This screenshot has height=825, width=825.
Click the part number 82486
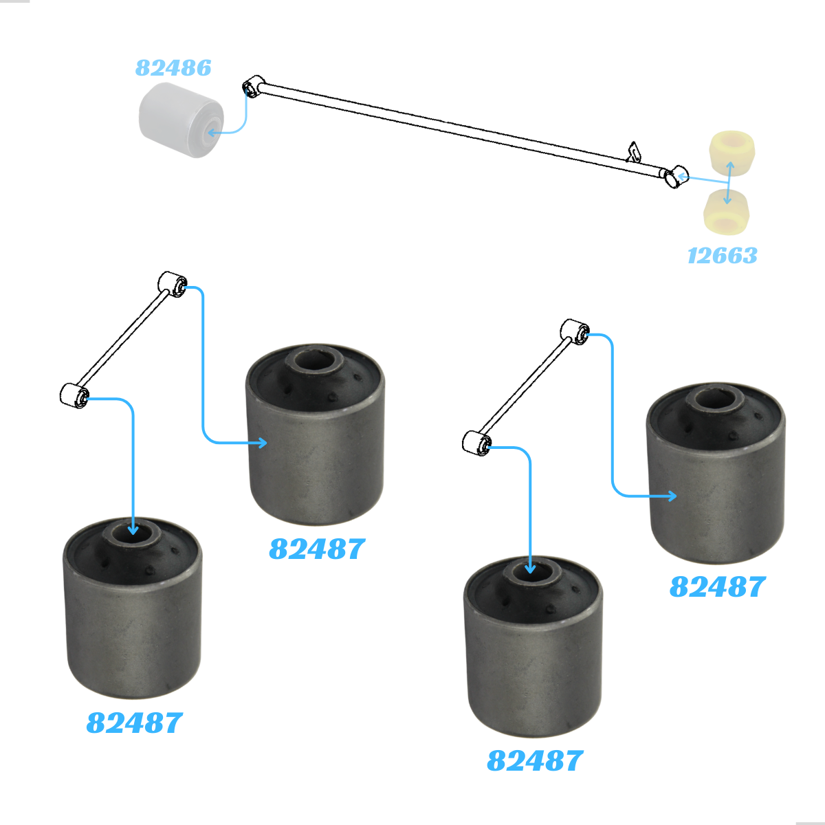[x=173, y=67]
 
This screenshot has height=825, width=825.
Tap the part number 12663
[x=723, y=256]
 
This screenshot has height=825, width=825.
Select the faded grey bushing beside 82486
[x=181, y=120]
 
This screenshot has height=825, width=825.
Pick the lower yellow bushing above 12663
[x=727, y=212]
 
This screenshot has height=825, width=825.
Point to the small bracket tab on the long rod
[x=634, y=152]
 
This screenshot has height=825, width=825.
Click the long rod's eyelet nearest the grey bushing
[x=253, y=87]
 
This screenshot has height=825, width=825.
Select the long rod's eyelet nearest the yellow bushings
[x=676, y=177]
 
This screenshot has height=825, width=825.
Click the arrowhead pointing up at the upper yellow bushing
[x=730, y=165]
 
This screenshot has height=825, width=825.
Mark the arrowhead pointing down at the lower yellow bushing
[x=727, y=200]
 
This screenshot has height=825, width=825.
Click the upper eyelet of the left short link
[x=173, y=284]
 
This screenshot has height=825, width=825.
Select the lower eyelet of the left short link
[x=74, y=396]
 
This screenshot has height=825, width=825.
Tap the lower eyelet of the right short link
[x=477, y=444]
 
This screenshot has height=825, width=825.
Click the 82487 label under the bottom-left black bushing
[x=135, y=723]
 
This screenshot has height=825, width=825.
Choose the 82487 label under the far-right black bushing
[x=718, y=586]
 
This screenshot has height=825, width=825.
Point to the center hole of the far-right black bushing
[x=714, y=397]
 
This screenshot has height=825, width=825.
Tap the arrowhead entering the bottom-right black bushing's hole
[x=530, y=569]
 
